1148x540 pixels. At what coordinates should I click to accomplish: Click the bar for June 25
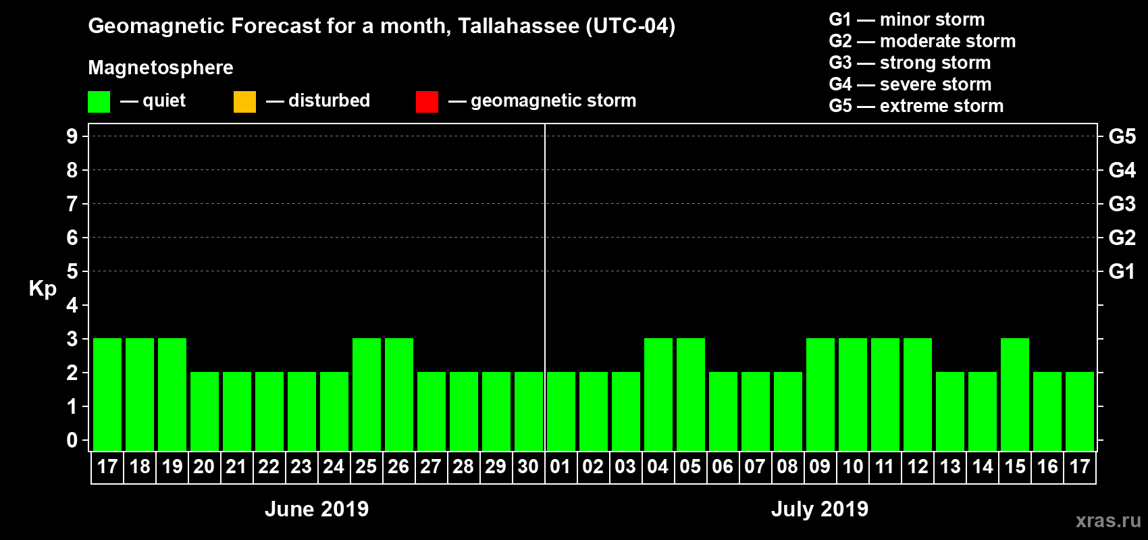point(367,394)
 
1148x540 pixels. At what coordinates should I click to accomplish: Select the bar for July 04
point(658,394)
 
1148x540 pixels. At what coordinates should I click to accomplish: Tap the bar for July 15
point(1015,394)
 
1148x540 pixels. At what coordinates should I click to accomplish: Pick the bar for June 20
point(205,411)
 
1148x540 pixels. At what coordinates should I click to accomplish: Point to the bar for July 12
point(918,394)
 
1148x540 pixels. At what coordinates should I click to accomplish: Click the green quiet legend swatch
point(99,102)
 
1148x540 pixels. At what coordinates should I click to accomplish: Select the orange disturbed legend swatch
point(244,102)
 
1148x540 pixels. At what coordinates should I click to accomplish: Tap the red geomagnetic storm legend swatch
point(427,102)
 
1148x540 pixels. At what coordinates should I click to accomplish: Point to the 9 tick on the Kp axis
point(72,136)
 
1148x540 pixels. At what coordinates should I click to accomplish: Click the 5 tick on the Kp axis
point(72,271)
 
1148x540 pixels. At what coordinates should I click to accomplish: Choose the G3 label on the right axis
point(1122,204)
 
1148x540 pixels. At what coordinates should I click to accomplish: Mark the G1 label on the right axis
point(1122,271)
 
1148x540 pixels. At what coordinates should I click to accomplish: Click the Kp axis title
point(43,289)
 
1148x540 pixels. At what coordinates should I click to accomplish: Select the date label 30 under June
point(528,466)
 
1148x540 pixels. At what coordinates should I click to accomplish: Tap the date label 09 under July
point(820,466)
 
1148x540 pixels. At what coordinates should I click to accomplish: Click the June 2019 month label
point(317,509)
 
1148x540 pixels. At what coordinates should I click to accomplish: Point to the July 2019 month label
point(820,509)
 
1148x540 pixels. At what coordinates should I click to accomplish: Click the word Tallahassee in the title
point(519,26)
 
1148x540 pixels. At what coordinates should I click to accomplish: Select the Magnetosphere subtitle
point(161,67)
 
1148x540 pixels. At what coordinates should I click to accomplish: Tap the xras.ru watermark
point(1108,520)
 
